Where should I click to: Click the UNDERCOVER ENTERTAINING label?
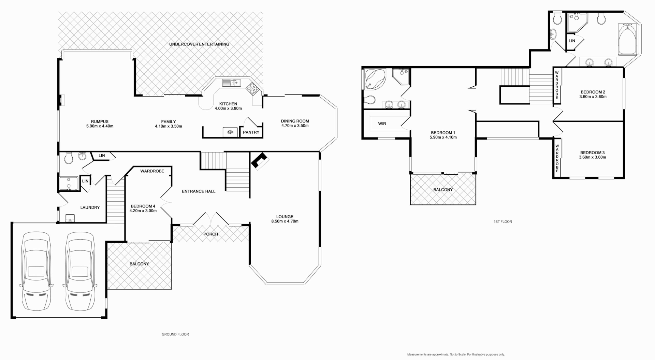199,44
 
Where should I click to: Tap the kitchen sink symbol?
231,83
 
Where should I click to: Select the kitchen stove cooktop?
252,88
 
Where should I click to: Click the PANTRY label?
251,132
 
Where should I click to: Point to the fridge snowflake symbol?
230,132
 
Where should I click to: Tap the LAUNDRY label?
90,207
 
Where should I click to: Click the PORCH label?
210,234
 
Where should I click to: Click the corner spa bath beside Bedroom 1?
374,79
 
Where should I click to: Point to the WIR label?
382,124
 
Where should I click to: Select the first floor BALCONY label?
443,190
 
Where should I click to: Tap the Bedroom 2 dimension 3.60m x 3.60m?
593,97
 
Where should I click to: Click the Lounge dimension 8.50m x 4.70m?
285,221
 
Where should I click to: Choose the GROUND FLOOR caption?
175,334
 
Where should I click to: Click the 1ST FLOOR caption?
503,222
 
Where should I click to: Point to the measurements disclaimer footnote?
456,355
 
